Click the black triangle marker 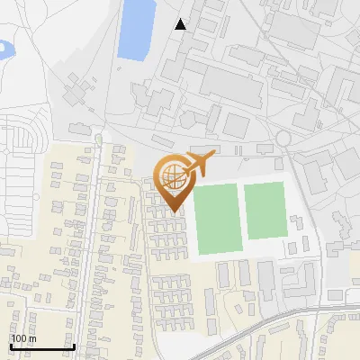click(x=181, y=24)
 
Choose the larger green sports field click(x=216, y=219)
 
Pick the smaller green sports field click(x=265, y=210)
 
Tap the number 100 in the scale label click(x=18, y=339)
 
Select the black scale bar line click(x=41, y=347)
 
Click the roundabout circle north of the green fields click(x=283, y=138)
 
